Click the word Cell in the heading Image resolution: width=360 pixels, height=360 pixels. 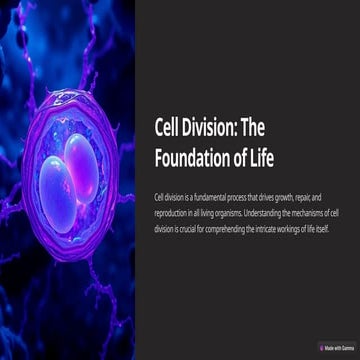click(x=168, y=130)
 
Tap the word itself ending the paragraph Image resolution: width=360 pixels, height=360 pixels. click(x=322, y=228)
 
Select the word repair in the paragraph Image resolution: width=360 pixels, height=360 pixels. click(x=304, y=200)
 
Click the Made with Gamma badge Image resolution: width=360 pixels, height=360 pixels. click(x=337, y=347)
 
